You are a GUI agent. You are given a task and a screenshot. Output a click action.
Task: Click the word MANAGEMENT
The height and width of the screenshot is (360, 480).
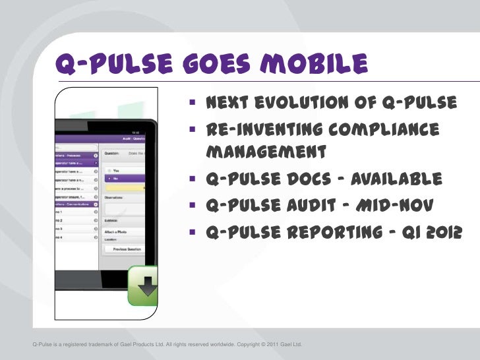pos(266,153)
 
